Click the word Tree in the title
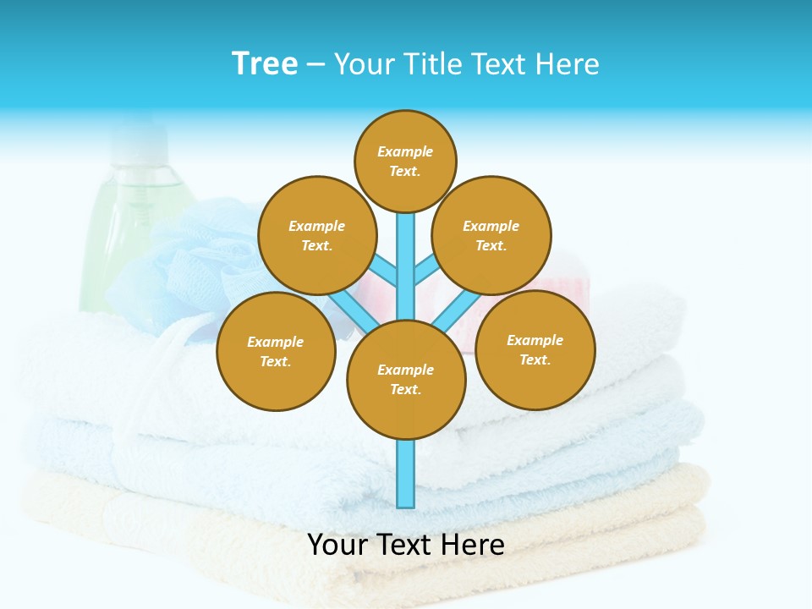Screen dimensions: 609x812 265,63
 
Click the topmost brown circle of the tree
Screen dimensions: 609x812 405,161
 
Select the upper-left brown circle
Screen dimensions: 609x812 317,235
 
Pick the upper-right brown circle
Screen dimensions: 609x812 491,235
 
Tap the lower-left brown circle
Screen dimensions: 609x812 276,351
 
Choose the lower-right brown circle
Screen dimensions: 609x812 535,349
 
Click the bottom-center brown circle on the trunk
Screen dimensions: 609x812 406,380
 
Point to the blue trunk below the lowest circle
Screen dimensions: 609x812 406,474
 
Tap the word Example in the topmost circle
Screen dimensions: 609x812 405,151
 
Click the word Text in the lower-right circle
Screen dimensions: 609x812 534,359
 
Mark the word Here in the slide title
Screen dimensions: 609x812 568,63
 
